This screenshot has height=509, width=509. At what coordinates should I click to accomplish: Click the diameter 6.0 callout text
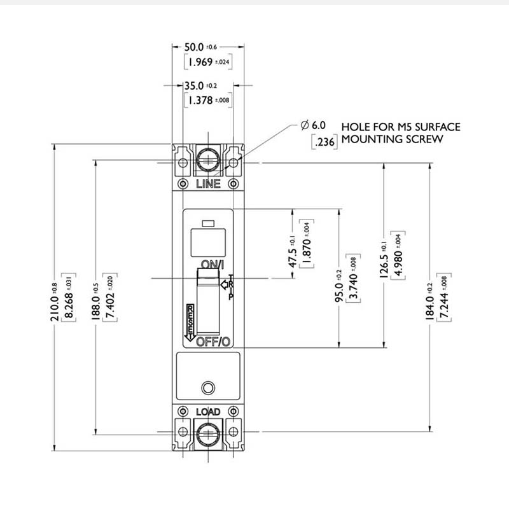[314, 127]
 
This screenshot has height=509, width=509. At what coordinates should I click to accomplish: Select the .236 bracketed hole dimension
[326, 143]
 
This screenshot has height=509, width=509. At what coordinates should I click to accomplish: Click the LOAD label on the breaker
[208, 412]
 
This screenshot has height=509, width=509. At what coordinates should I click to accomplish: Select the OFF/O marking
[213, 342]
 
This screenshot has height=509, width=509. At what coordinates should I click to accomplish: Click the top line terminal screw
[208, 158]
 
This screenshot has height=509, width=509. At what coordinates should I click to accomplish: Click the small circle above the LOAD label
[207, 387]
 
